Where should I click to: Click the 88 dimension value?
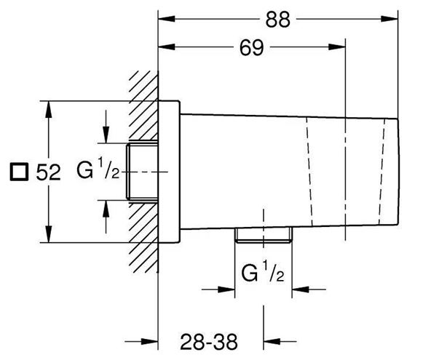pos(278,20)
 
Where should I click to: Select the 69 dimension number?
pos(251,48)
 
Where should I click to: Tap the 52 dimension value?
pos(48,172)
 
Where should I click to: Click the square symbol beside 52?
pos(19,172)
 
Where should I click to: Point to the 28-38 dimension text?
pos(209,342)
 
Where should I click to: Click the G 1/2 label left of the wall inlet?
pos(98,169)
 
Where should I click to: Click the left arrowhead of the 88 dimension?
pos(167,19)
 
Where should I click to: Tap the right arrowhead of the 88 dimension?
pos(390,19)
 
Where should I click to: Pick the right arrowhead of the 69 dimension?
pos(337,47)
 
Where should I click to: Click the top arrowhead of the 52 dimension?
pos(48,109)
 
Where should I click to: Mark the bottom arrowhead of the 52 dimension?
pos(48,234)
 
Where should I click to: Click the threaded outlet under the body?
pos(264,235)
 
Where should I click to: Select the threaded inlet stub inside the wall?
pos(142,172)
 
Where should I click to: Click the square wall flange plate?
pos(169,172)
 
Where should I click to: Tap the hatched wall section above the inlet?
pos(143,105)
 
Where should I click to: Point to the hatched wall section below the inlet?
pos(143,237)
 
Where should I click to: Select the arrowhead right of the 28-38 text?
pos(272,341)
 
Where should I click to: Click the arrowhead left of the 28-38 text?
pos(149,341)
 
